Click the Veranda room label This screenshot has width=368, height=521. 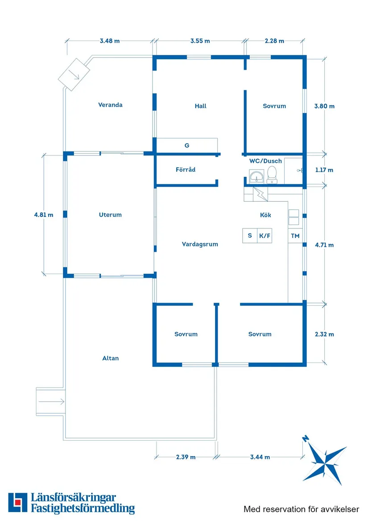110,105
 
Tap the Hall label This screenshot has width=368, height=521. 200,106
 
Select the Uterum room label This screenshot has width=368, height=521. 110,215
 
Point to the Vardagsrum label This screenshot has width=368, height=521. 200,244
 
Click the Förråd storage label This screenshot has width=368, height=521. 185,170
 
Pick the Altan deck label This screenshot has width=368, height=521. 110,358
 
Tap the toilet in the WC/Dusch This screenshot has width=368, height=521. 272,175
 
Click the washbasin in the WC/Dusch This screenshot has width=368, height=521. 257,176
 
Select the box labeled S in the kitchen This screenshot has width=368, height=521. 250,236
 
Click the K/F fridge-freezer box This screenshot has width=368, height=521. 265,236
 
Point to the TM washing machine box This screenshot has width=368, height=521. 295,236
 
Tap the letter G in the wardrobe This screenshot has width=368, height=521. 187,146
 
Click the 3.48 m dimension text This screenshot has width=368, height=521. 110,41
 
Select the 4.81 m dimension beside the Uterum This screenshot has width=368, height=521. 44,215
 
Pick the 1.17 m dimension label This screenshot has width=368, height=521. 324,170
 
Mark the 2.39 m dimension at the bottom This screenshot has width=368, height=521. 186,457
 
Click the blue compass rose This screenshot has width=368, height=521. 324,460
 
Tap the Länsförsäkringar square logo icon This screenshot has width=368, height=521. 17,502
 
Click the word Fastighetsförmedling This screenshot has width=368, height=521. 83,508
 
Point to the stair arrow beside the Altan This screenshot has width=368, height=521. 51,402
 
